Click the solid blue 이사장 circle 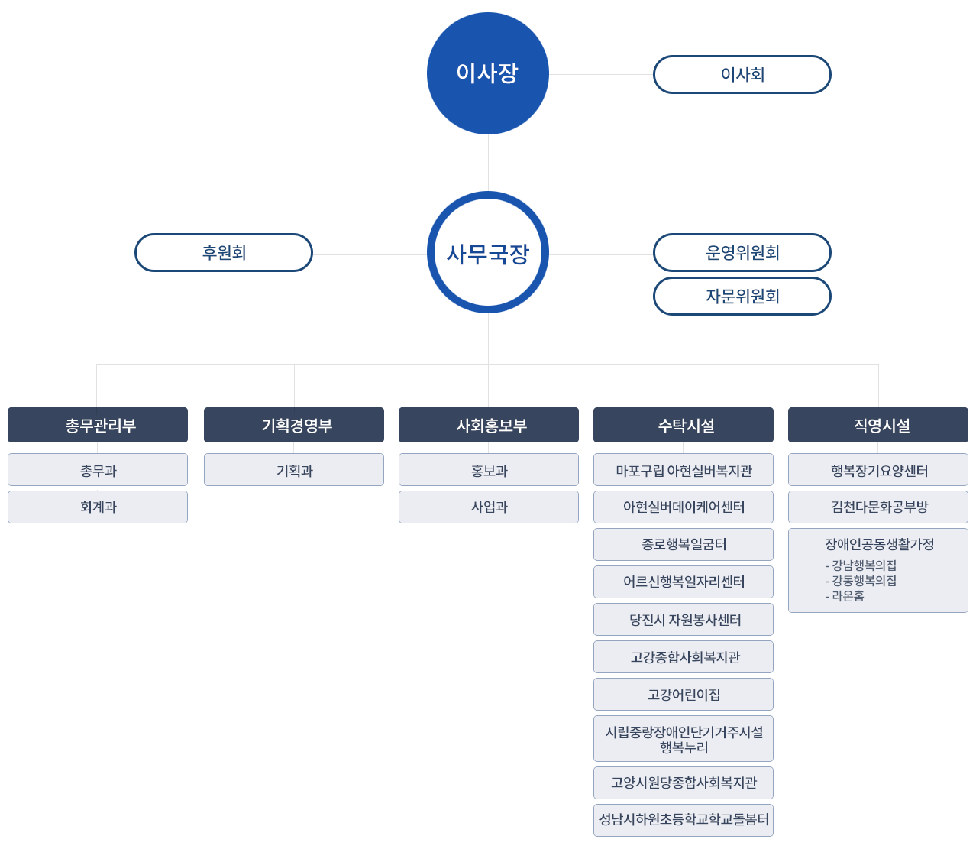click(x=487, y=73)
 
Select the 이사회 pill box click(x=742, y=75)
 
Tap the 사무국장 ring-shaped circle click(x=487, y=252)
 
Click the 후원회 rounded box click(x=224, y=253)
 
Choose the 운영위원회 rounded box click(x=742, y=253)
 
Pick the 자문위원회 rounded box click(x=742, y=297)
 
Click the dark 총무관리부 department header click(x=98, y=425)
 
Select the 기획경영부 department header click(x=294, y=425)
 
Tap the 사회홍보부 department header click(x=489, y=425)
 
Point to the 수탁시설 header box click(x=684, y=425)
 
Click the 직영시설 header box click(x=878, y=425)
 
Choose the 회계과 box click(x=98, y=507)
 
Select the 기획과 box click(x=294, y=470)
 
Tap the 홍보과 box click(x=489, y=470)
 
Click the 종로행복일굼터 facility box click(x=684, y=544)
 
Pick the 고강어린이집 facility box click(x=684, y=695)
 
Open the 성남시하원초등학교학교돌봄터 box click(x=684, y=820)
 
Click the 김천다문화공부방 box click(x=878, y=507)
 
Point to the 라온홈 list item click(x=847, y=596)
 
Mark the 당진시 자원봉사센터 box click(x=684, y=620)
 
